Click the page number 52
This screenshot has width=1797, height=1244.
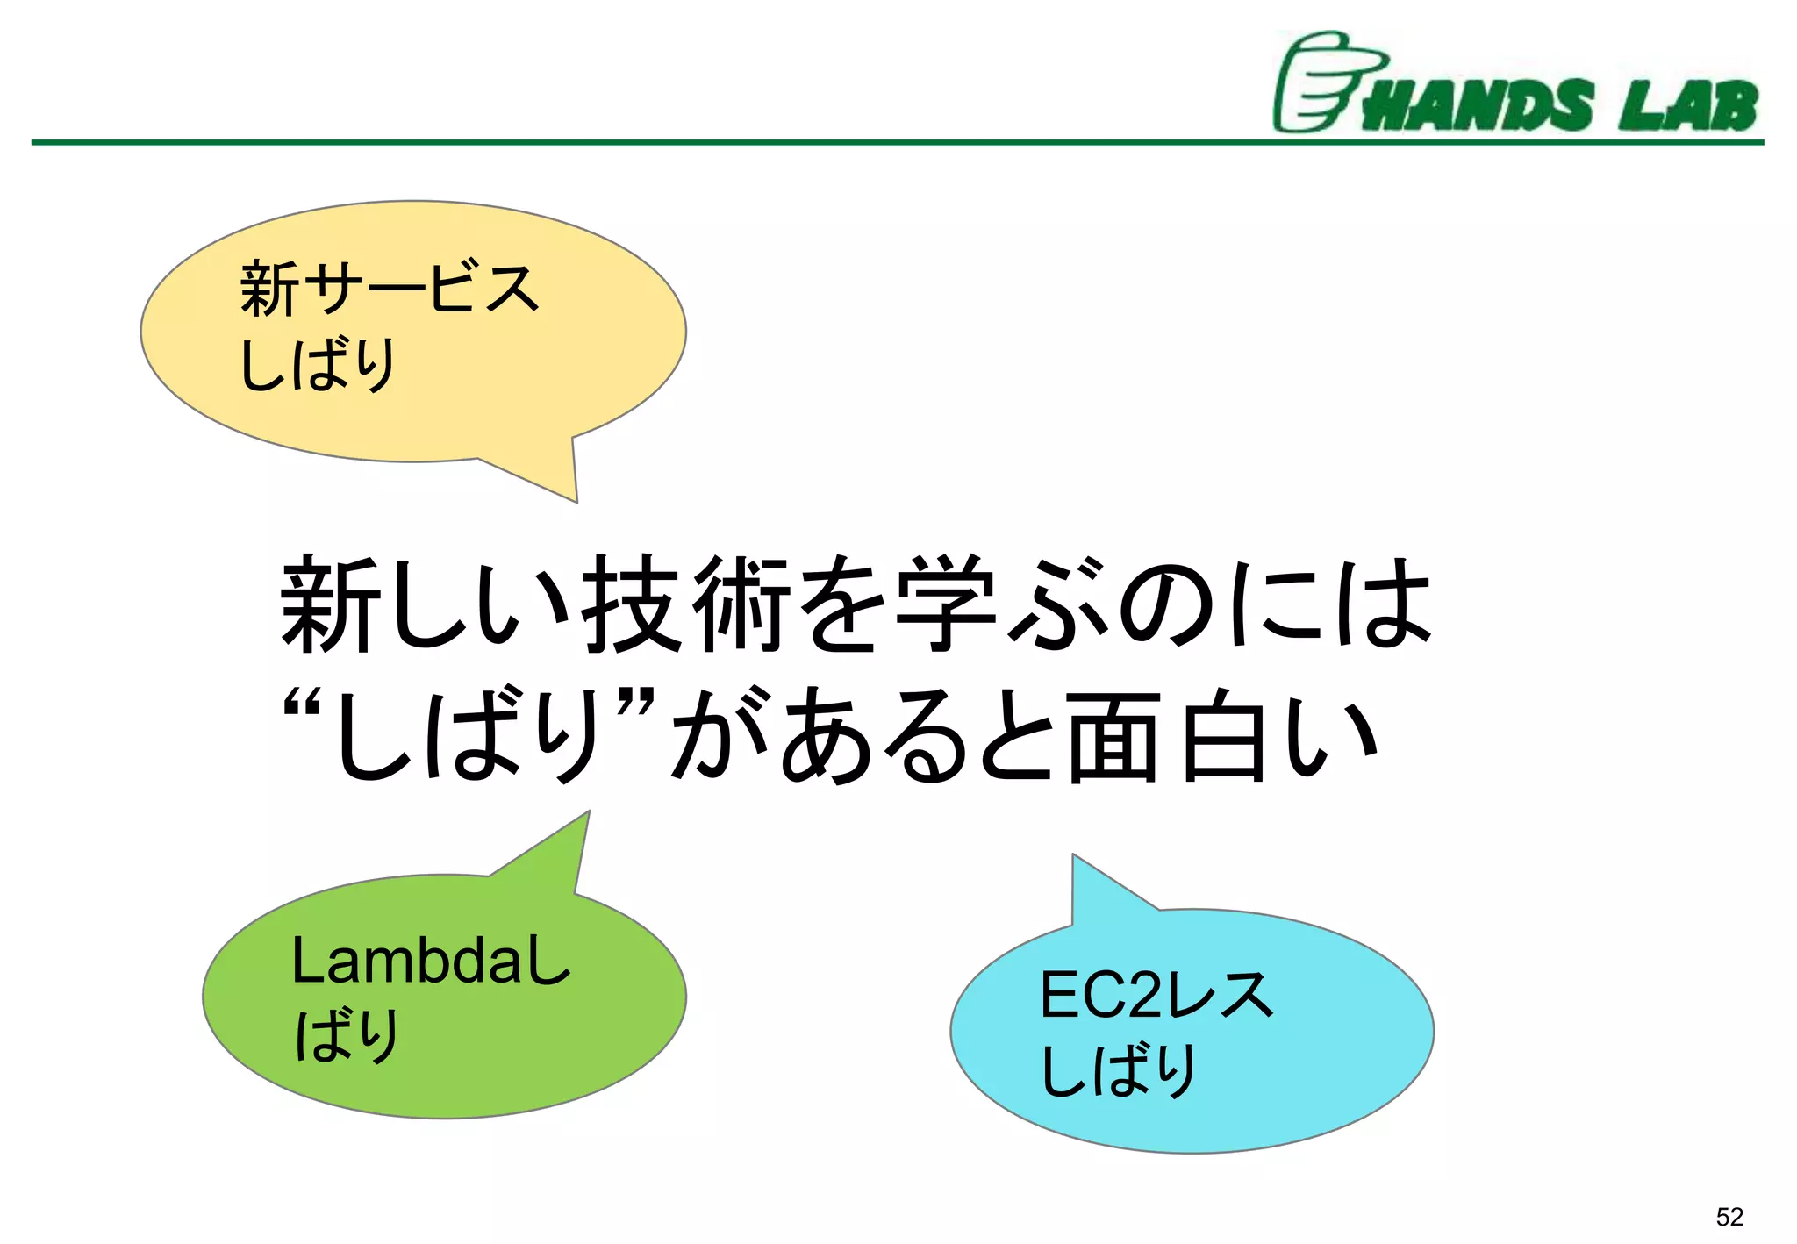[x=1729, y=1217]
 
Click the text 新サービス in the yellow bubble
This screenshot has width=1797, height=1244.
[x=389, y=288]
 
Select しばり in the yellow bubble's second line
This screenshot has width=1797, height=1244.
[x=318, y=364]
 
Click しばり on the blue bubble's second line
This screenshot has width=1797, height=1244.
[x=1119, y=1070]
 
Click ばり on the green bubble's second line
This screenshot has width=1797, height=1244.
[x=347, y=1035]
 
